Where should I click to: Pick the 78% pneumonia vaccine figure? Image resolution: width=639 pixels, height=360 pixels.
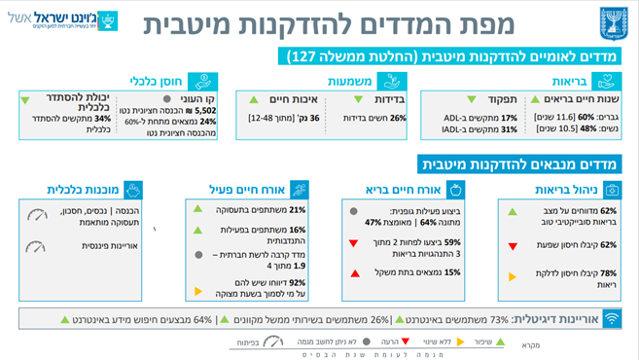[x=609, y=273]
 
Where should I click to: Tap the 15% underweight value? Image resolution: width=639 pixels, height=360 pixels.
[x=451, y=272]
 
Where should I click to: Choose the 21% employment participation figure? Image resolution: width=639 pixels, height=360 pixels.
[x=297, y=209]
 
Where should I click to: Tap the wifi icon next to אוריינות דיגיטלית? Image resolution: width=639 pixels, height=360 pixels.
[x=613, y=318]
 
